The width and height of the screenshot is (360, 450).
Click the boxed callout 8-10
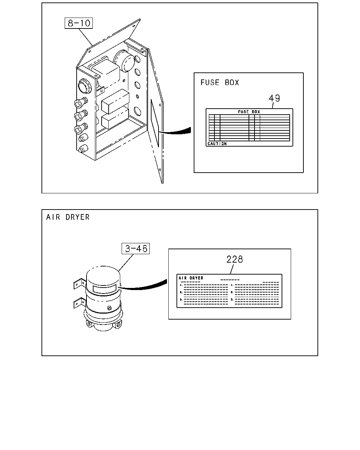(79, 23)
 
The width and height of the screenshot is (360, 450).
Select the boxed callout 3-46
(136, 249)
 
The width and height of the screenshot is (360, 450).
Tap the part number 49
(274, 98)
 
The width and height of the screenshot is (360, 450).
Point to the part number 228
(234, 259)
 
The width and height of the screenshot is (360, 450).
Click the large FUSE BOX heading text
(220, 83)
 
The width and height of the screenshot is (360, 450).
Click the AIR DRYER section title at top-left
(68, 217)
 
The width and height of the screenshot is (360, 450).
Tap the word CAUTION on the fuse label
(217, 144)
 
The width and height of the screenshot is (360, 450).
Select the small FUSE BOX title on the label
(249, 112)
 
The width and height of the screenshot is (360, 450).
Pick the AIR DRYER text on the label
(191, 278)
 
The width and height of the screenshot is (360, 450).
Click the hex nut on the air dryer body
(109, 308)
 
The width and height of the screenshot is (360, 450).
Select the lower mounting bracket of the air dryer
(79, 303)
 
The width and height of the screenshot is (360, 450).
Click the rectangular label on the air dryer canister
(104, 289)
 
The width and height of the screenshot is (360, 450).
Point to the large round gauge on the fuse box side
(84, 86)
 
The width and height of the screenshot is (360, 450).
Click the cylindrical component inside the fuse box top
(124, 61)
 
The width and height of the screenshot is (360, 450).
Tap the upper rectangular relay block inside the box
(115, 101)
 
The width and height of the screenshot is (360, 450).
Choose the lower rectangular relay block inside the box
(115, 118)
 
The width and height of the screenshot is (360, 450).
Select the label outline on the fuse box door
(155, 123)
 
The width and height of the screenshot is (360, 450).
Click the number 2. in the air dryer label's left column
(181, 292)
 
